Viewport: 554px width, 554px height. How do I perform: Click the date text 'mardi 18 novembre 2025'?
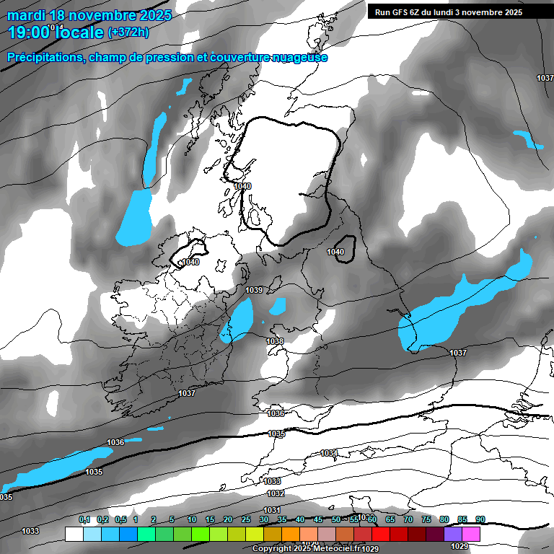(x=89, y=15)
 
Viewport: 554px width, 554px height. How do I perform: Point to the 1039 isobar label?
(x=254, y=290)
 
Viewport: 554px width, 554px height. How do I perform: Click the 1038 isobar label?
(x=275, y=341)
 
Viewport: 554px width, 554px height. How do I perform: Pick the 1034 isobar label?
(x=329, y=453)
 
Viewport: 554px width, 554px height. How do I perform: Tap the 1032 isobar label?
(x=275, y=493)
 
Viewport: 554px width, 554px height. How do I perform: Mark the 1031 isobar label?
(x=272, y=510)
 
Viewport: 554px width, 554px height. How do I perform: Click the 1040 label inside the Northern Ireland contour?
(x=191, y=262)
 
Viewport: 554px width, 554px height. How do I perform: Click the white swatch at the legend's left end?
(x=74, y=535)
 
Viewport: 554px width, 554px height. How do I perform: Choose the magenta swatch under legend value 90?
(x=472, y=535)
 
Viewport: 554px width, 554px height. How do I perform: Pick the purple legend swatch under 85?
(x=454, y=535)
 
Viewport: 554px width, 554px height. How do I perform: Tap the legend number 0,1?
(x=84, y=520)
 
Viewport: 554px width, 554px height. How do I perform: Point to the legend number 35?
(x=282, y=520)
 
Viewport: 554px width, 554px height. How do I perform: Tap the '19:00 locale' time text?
(x=55, y=32)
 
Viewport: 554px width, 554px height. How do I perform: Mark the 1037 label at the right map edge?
(x=545, y=78)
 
